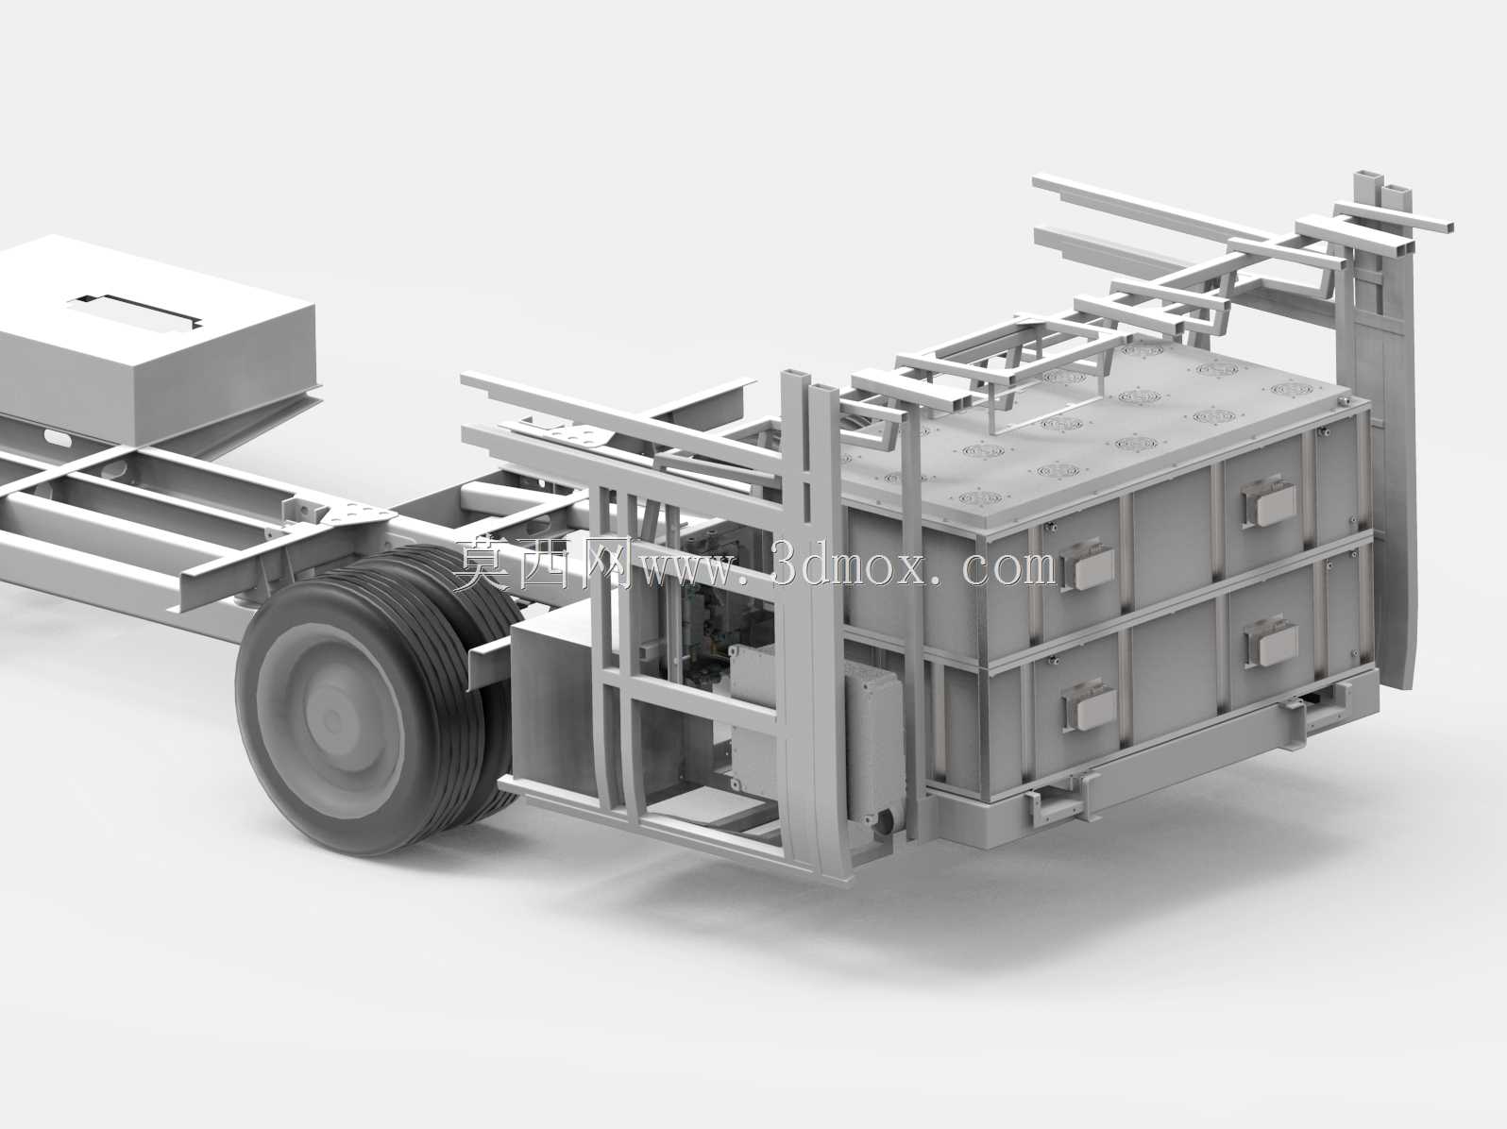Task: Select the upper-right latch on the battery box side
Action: [1268, 501]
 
